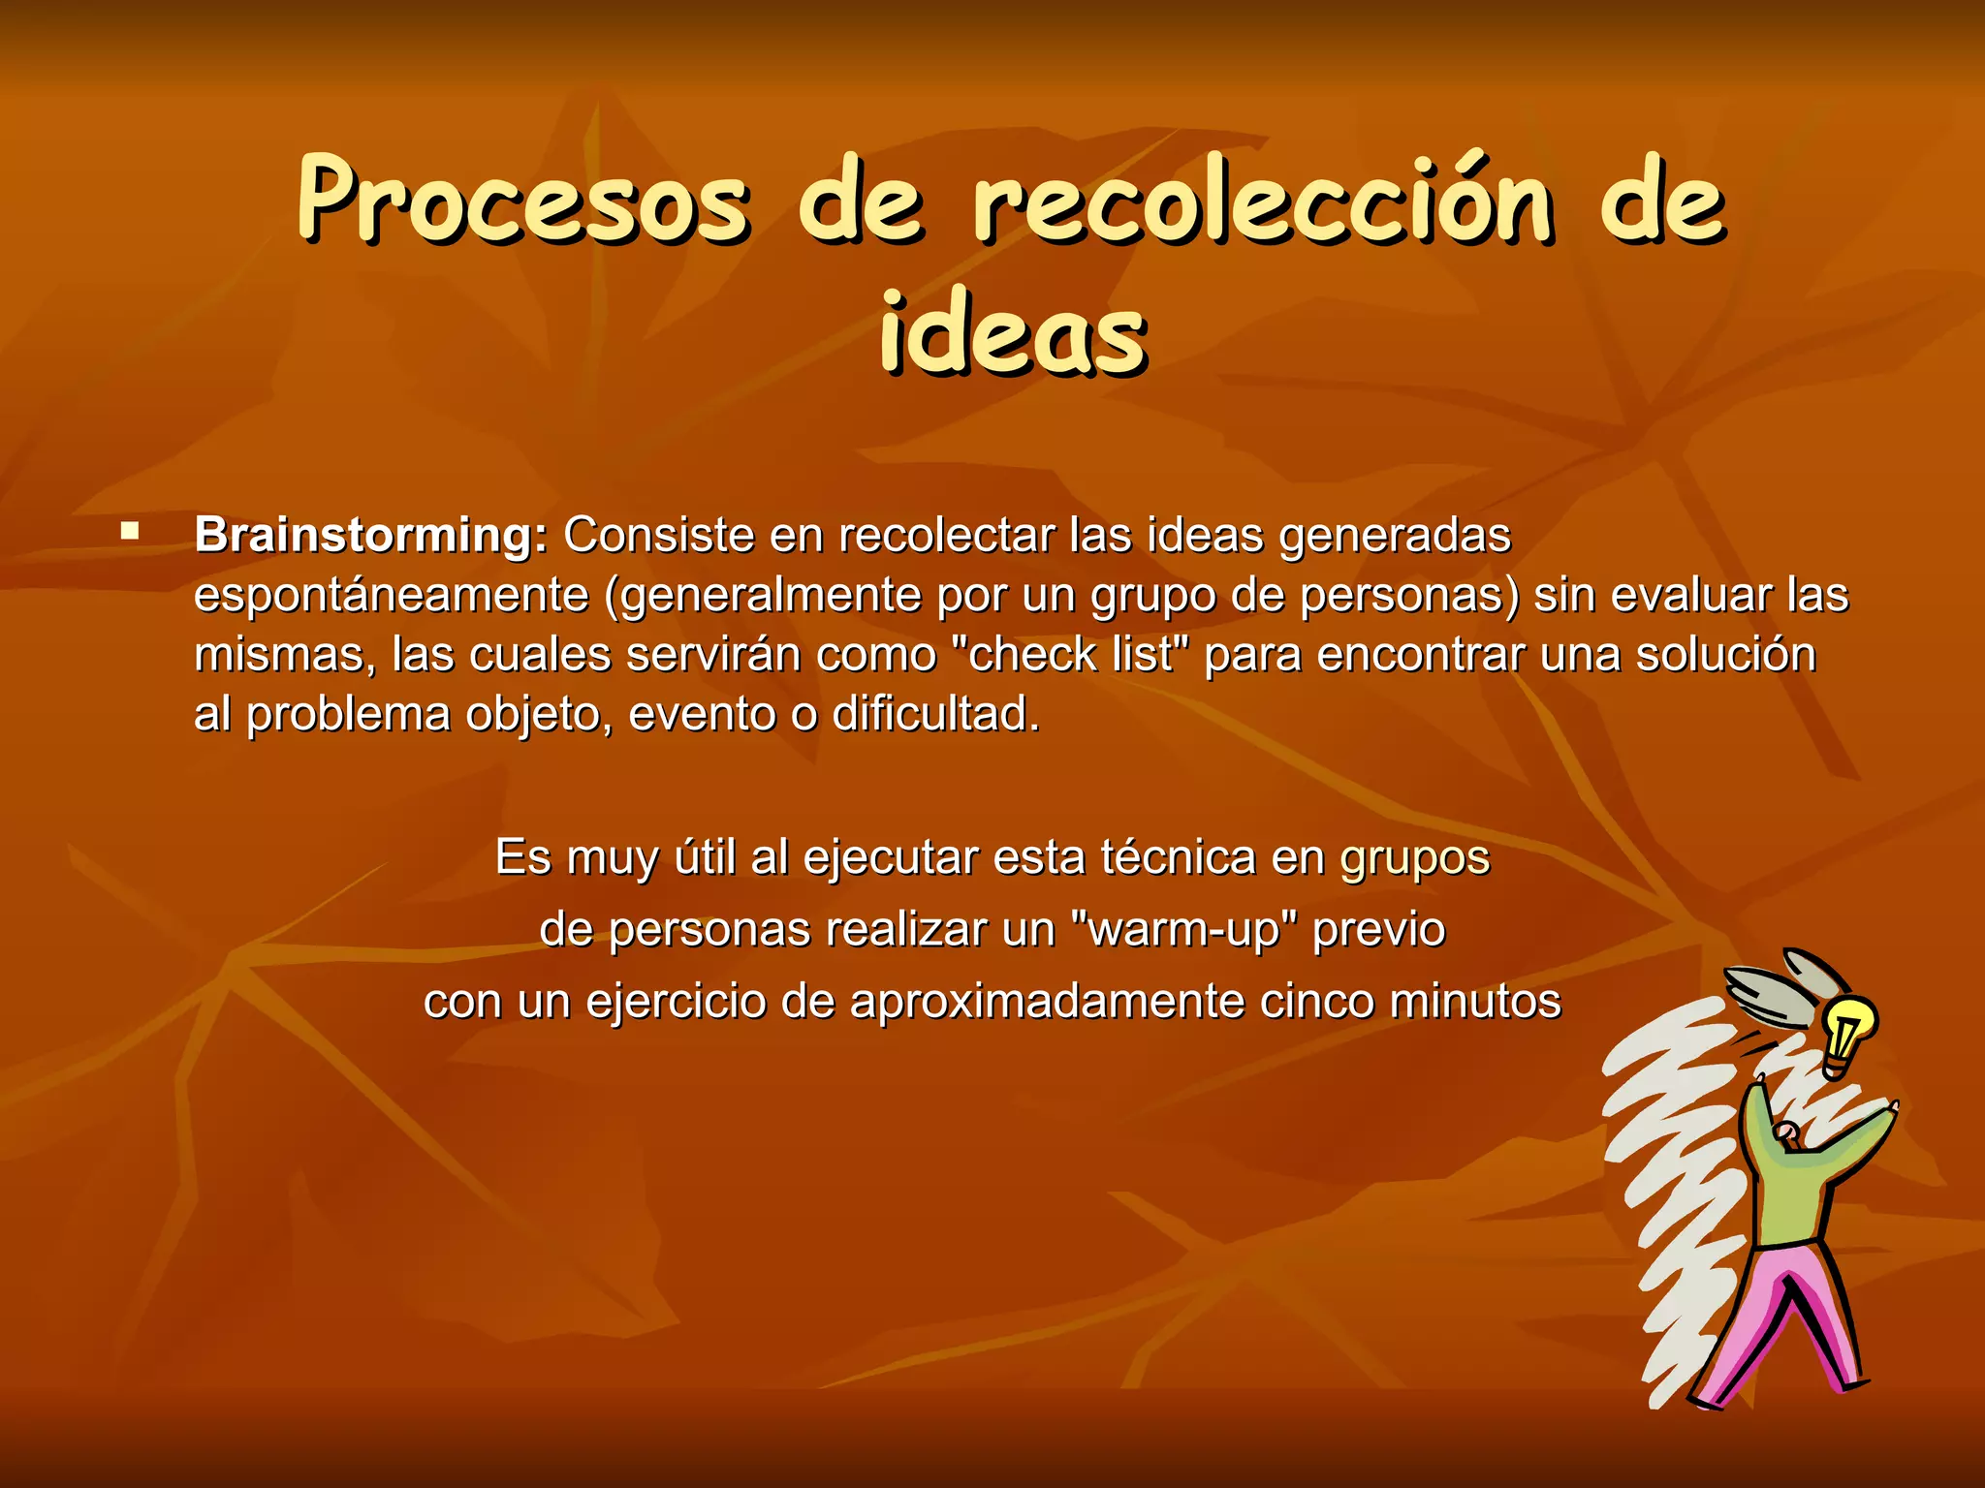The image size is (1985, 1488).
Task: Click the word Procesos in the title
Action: coord(523,201)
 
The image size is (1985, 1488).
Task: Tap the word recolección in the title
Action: coord(1263,201)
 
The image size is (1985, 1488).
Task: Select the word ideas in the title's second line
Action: coord(1013,334)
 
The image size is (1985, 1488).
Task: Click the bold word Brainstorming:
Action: coord(371,536)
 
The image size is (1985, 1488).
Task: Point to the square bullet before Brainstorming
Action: coord(129,531)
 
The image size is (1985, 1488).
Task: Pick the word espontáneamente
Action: coord(392,596)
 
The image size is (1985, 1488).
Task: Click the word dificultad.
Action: coord(935,715)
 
